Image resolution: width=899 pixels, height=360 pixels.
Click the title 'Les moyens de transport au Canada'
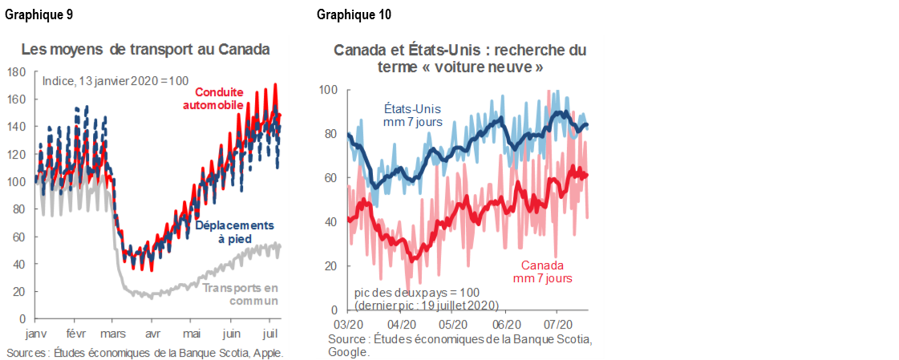[x=145, y=49]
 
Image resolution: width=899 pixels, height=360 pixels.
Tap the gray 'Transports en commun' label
[x=241, y=294]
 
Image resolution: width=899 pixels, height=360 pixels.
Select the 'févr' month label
[x=75, y=332]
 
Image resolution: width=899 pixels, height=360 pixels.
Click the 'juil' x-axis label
[x=269, y=332]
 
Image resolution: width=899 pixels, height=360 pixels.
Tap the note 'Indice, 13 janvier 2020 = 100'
[x=114, y=81]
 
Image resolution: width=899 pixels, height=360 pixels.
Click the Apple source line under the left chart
[x=144, y=353]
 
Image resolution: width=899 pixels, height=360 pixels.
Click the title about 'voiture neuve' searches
[x=460, y=59]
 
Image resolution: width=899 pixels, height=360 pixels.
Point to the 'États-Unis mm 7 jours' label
[x=412, y=115]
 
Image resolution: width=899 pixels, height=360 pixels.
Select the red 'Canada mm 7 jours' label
[x=542, y=272]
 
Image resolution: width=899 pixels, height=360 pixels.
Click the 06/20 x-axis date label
[x=505, y=325]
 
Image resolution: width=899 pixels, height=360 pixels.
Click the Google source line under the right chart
[x=460, y=346]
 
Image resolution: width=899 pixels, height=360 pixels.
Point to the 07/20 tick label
[x=558, y=325]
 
